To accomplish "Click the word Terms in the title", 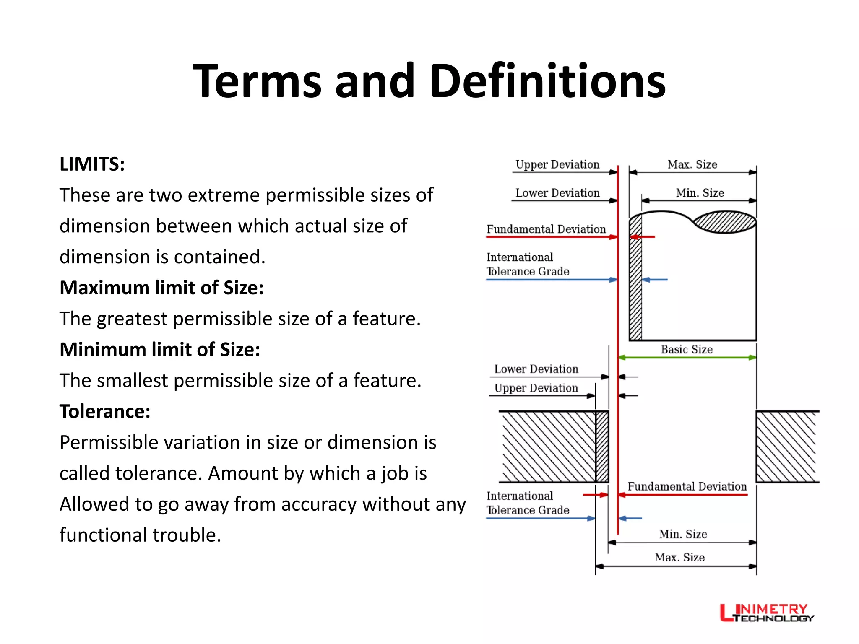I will [257, 81].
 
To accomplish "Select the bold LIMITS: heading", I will [92, 164].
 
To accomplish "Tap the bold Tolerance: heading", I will [105, 411].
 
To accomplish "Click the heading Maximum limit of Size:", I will [161, 288].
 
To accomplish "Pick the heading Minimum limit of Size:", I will [160, 350].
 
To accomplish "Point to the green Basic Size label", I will [687, 349].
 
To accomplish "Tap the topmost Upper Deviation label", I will [557, 164].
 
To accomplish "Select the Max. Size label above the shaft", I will [692, 164].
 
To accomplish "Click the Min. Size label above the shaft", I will [700, 193].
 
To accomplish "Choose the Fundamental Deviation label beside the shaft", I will [546, 229].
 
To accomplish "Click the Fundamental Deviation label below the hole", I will [687, 486].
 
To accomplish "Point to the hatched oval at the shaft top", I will [724, 222].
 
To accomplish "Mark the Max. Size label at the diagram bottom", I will [679, 557].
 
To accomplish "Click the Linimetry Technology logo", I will [766, 613].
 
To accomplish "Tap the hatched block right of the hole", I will [786, 447].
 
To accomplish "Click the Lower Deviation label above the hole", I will [536, 369].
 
